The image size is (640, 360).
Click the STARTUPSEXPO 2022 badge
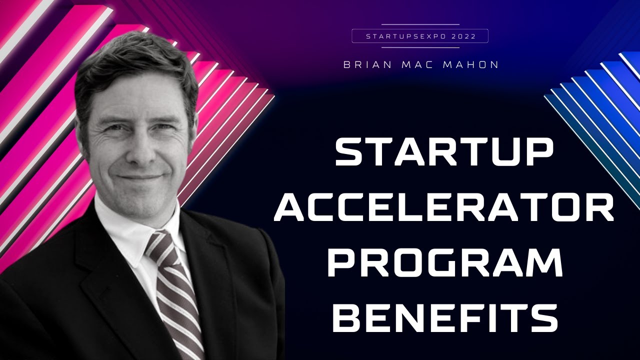[420, 36]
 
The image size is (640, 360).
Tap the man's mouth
[140, 177]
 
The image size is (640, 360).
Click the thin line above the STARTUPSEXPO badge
[420, 24]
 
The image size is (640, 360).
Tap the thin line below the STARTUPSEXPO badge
[420, 47]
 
